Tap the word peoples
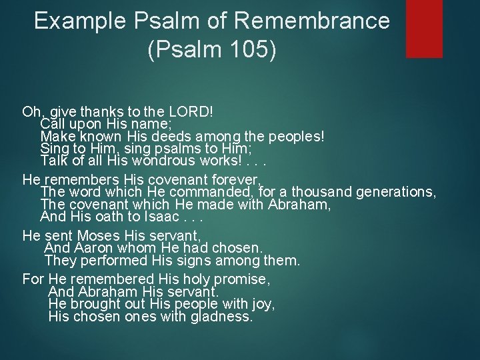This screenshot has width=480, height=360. pyautogui.click(x=295, y=137)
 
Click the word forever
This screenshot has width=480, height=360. pyautogui.click(x=236, y=179)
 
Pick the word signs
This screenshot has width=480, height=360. pyautogui.click(x=208, y=260)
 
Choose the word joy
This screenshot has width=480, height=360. pyautogui.click(x=261, y=303)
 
